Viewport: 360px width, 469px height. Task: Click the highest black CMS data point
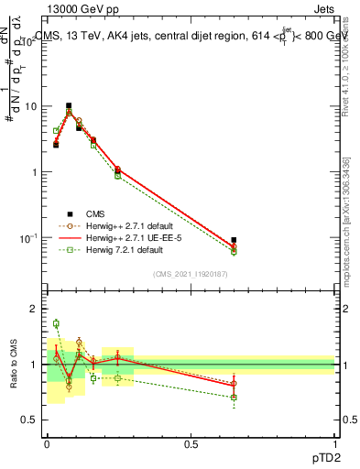[69, 105]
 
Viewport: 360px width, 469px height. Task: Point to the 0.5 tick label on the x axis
[191, 442]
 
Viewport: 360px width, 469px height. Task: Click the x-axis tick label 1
[335, 442]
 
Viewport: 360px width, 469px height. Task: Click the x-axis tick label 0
[47, 442]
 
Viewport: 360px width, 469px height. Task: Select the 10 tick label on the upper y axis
[32, 106]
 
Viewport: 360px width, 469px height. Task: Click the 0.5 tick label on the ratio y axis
[33, 420]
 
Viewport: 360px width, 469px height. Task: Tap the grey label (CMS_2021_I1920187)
[191, 275]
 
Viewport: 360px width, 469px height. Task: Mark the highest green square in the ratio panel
[56, 323]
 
